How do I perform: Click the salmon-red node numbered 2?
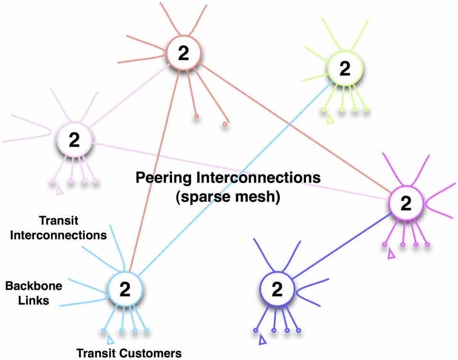point(183,54)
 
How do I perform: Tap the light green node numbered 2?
point(345,69)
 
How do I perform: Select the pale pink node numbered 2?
point(74,140)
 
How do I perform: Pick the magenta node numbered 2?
point(405,203)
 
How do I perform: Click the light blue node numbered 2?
point(125,289)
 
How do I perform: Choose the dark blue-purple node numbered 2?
point(277,290)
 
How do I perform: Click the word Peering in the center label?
point(163,178)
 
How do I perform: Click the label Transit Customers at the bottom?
point(129,353)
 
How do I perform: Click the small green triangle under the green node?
point(330,120)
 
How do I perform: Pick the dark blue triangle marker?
point(262,340)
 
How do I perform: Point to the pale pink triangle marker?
point(59,191)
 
